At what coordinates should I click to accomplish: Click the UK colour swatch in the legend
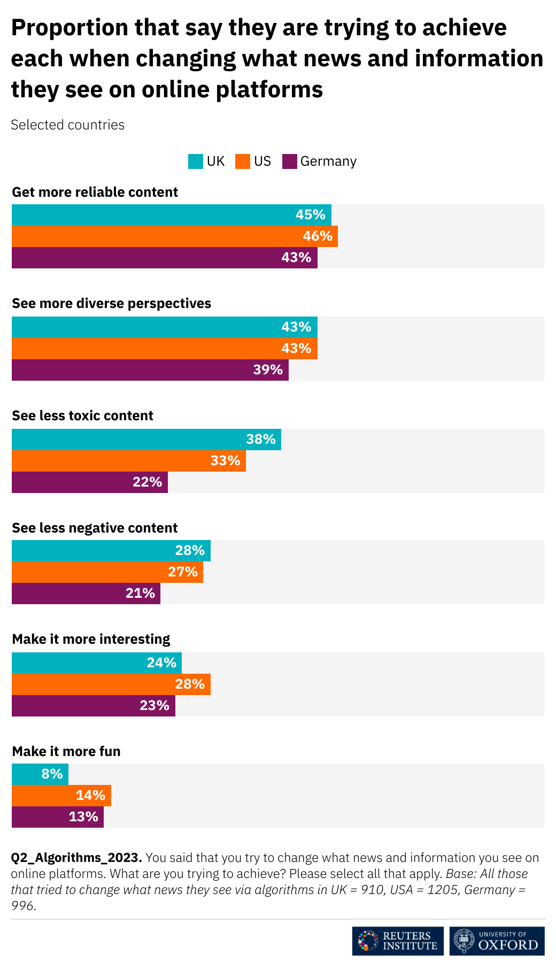195,161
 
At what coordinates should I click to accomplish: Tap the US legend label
262,161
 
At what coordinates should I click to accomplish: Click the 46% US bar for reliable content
174,236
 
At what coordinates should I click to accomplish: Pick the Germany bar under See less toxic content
89,482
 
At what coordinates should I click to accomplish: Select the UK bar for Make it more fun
40,774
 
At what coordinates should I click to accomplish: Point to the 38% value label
261,440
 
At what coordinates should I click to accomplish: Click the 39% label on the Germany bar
268,370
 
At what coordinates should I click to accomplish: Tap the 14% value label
90,796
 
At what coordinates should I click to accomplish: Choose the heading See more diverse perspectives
111,304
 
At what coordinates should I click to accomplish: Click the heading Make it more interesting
91,639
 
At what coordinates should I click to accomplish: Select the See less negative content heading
95,528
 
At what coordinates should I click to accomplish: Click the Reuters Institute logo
397,941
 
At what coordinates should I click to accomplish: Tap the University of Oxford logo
497,941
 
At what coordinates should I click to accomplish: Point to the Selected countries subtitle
67,125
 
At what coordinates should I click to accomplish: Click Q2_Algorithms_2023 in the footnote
76,858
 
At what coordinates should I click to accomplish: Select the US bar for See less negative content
107,572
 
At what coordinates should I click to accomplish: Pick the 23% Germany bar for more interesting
93,706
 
